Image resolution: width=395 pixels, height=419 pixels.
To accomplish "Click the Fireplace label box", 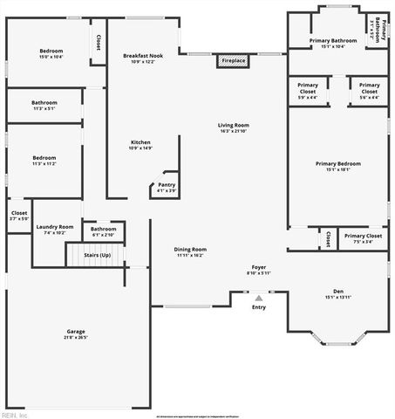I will coord(233,61).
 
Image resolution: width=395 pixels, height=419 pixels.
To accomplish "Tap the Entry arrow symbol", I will coord(259,298).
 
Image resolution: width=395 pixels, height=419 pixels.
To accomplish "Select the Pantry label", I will coord(166,187).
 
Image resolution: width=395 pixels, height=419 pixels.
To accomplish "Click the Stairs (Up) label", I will coord(97,255).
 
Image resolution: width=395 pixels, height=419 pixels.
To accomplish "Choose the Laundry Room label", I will coord(54,230).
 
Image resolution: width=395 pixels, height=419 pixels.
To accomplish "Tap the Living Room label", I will coord(234,128).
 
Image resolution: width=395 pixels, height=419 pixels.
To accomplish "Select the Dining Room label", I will coord(190,252).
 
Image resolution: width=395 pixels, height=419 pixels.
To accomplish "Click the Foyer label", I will coord(259,270).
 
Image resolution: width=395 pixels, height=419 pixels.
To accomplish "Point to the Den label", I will coord(338,293).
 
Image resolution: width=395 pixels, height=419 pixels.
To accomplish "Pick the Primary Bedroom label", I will coord(337,166).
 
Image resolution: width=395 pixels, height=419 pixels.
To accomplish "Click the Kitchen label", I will coord(140,145).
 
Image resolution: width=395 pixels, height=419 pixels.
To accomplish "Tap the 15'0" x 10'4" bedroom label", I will coord(51,54).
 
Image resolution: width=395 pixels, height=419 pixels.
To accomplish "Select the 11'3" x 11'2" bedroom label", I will coord(44,161).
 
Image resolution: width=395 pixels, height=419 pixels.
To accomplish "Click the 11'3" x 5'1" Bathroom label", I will coord(44,105).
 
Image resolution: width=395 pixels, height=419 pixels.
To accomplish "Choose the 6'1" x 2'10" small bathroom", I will coord(104,231).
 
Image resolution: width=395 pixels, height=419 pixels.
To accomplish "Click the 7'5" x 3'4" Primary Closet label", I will coord(364,238).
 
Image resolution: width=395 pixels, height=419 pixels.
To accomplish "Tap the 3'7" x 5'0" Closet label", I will coord(18,215).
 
